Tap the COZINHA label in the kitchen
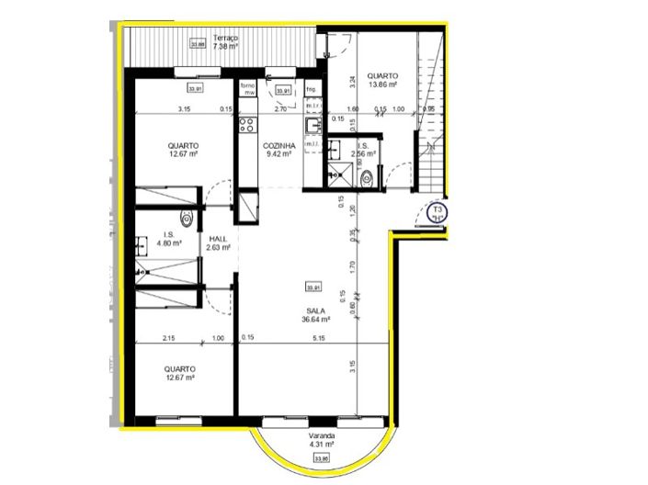[x=278, y=145]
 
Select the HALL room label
[x=218, y=237]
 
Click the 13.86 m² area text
[x=381, y=85]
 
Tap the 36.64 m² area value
[x=315, y=320]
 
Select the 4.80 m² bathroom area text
[x=167, y=244]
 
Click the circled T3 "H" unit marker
[x=438, y=214]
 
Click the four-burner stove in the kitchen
[x=246, y=123]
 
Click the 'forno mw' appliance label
[x=247, y=89]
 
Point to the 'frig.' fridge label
[x=311, y=89]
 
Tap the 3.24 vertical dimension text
[x=351, y=80]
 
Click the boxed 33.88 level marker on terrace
[x=196, y=42]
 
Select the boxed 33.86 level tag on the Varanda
[x=321, y=457]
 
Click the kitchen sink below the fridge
[x=313, y=125]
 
